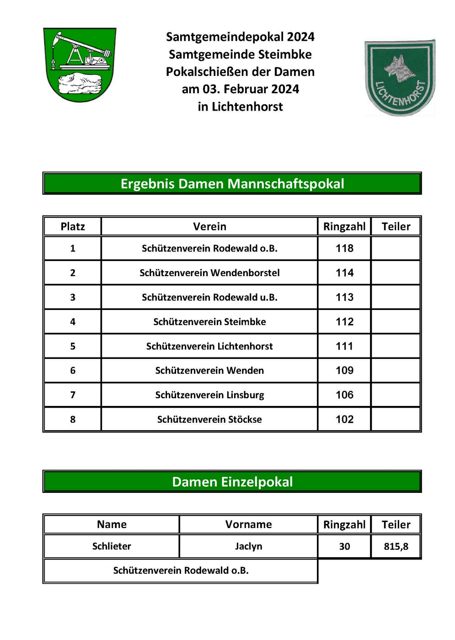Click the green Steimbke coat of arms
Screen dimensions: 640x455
pos(80,64)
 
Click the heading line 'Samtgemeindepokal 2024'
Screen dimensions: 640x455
pos(240,37)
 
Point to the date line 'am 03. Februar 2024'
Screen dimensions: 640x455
pos(240,89)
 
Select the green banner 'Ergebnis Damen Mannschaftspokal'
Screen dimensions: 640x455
pos(232,183)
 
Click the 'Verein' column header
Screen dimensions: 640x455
pos(209,226)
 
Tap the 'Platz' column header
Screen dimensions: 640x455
pos(73,226)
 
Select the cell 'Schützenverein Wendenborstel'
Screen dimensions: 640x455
pos(209,273)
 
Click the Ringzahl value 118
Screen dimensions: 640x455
pos(344,248)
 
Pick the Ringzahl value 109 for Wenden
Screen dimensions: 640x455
pos(344,370)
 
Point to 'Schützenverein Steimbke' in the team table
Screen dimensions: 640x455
pos(209,322)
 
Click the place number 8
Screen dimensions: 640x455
pos(73,419)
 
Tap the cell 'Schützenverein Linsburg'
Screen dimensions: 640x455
pos(209,395)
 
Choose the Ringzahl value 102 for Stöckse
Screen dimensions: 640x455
pos(344,419)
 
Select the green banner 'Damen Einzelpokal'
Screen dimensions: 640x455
pos(232,482)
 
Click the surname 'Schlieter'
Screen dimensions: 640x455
pos(112,546)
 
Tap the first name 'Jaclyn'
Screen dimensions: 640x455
pos(248,546)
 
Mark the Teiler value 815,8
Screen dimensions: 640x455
pos(396,546)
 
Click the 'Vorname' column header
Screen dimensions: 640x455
pos(248,524)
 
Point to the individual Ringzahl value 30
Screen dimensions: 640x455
pos(344,546)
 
